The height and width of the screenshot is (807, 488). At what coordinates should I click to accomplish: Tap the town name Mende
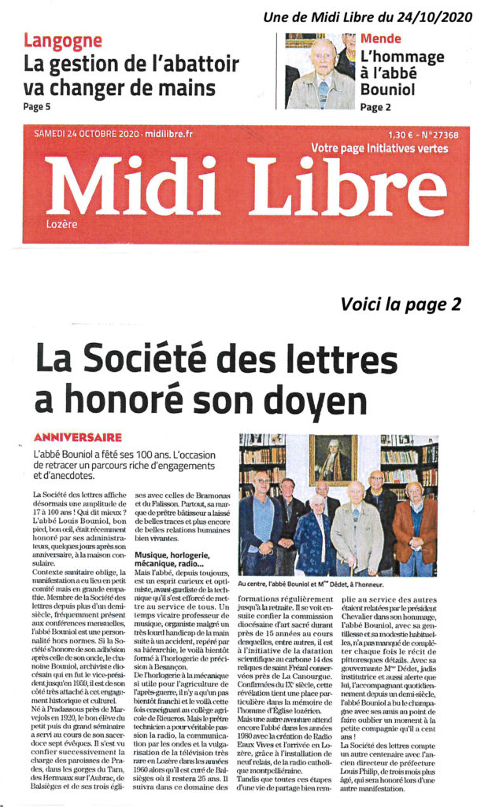[x=381, y=39]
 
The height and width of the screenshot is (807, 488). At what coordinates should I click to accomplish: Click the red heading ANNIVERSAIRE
[x=78, y=436]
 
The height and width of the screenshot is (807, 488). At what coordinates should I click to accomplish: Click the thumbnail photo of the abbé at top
[x=320, y=70]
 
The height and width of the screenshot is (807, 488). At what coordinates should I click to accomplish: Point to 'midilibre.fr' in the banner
[x=146, y=134]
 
